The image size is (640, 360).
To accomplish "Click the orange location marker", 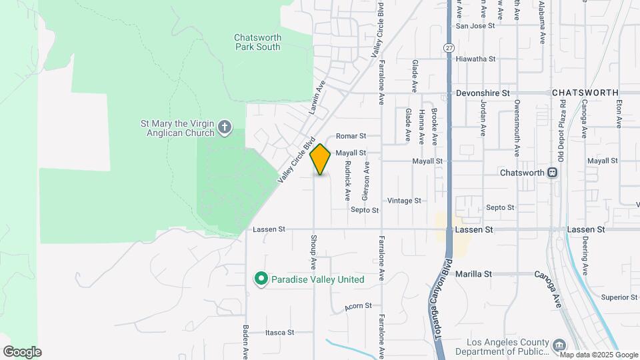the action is click(321, 159).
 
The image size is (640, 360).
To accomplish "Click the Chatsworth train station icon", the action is click(552, 173).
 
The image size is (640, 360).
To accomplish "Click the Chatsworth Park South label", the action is click(257, 42).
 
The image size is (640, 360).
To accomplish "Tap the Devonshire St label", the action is click(483, 93).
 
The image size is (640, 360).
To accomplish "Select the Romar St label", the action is click(351, 135).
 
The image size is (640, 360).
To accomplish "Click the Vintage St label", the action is click(404, 201).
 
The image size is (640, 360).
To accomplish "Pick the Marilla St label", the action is click(473, 274).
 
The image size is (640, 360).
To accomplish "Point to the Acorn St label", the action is click(358, 306).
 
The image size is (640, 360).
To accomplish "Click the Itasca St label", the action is click(279, 332).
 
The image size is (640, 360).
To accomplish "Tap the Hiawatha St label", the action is click(475, 59).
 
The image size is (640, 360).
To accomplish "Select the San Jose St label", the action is click(475, 26).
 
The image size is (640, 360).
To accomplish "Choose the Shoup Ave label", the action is click(313, 248).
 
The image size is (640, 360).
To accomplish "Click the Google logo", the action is click(22, 352).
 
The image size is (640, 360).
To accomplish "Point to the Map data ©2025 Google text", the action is click(589, 355).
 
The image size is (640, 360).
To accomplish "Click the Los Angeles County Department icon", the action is click(558, 345).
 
